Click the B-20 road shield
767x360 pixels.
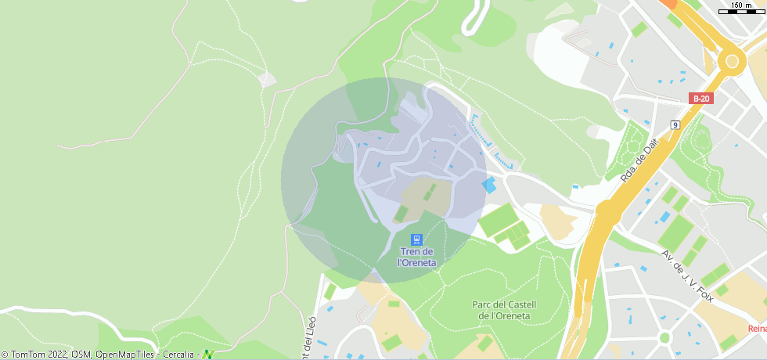click(x=700, y=99)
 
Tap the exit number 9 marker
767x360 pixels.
click(x=675, y=124)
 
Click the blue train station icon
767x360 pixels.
click(x=417, y=239)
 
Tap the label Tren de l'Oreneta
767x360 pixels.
click(x=417, y=257)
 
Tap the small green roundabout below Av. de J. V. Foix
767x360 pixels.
click(x=664, y=338)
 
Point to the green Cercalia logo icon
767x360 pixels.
click(x=207, y=355)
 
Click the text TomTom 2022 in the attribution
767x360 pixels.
click(x=38, y=355)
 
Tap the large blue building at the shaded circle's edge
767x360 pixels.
click(x=489, y=185)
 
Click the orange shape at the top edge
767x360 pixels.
click(x=669, y=3)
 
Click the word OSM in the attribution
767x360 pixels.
click(x=81, y=355)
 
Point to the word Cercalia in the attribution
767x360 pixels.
click(x=178, y=355)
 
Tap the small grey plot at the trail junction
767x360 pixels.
click(x=268, y=79)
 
